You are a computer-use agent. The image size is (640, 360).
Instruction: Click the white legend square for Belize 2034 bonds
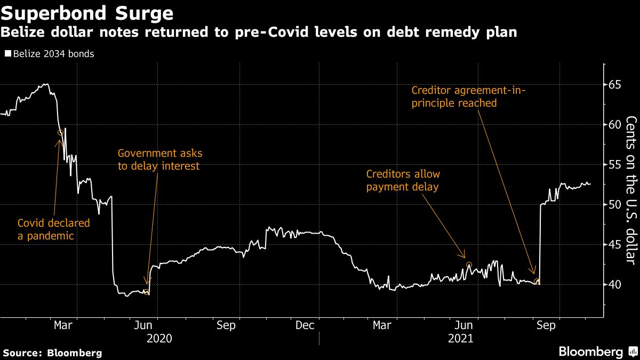[7, 54]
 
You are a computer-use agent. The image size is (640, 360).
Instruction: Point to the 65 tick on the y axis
[614, 85]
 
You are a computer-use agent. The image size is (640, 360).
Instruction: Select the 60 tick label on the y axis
[614, 125]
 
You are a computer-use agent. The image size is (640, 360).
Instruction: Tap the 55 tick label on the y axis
[614, 165]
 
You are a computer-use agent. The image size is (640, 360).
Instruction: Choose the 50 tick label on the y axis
[614, 205]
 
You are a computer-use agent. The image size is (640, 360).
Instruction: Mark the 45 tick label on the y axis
[614, 245]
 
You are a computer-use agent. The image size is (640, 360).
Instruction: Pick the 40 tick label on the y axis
[614, 285]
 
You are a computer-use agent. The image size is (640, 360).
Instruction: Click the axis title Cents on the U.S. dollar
[630, 189]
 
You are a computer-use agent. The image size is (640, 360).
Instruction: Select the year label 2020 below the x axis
[159, 338]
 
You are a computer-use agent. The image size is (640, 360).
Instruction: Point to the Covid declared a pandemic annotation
[54, 229]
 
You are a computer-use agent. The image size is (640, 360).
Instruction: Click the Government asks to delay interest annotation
[159, 159]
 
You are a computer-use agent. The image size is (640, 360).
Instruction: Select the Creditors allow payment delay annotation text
[403, 180]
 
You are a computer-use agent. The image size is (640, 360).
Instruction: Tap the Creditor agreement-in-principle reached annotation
[468, 97]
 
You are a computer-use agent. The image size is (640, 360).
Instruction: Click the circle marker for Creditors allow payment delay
[469, 265]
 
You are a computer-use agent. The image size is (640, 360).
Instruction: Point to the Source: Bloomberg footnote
[52, 353]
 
